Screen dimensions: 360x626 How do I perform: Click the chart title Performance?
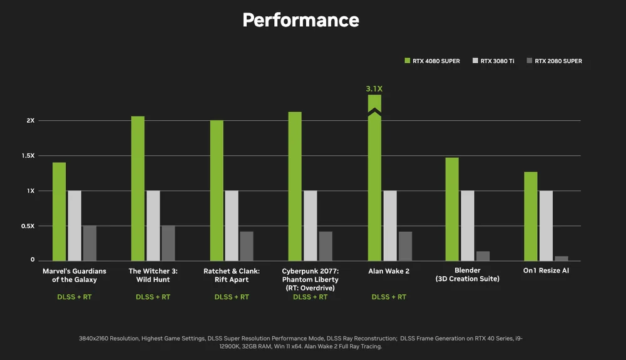tap(300, 20)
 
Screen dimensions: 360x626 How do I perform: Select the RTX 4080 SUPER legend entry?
tap(432, 61)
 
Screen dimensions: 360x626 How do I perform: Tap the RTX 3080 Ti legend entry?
tap(493, 61)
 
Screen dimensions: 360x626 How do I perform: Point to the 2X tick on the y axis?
tap(30, 120)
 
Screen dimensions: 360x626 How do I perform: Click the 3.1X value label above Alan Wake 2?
tap(374, 89)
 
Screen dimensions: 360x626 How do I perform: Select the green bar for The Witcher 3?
tap(138, 188)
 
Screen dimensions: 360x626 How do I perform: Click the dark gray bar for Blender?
tap(483, 255)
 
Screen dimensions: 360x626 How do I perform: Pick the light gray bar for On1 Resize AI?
tap(546, 225)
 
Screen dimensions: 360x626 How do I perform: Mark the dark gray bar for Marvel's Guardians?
tap(90, 243)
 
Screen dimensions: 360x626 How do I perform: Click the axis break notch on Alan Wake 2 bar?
tap(374, 113)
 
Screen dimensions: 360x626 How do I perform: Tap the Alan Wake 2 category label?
tap(389, 271)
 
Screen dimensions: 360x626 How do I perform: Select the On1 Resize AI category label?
tap(546, 271)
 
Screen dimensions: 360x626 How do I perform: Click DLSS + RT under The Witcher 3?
tap(153, 297)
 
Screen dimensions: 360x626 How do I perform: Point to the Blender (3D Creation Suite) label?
tap(467, 275)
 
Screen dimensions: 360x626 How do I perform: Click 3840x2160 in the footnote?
tap(99, 338)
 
